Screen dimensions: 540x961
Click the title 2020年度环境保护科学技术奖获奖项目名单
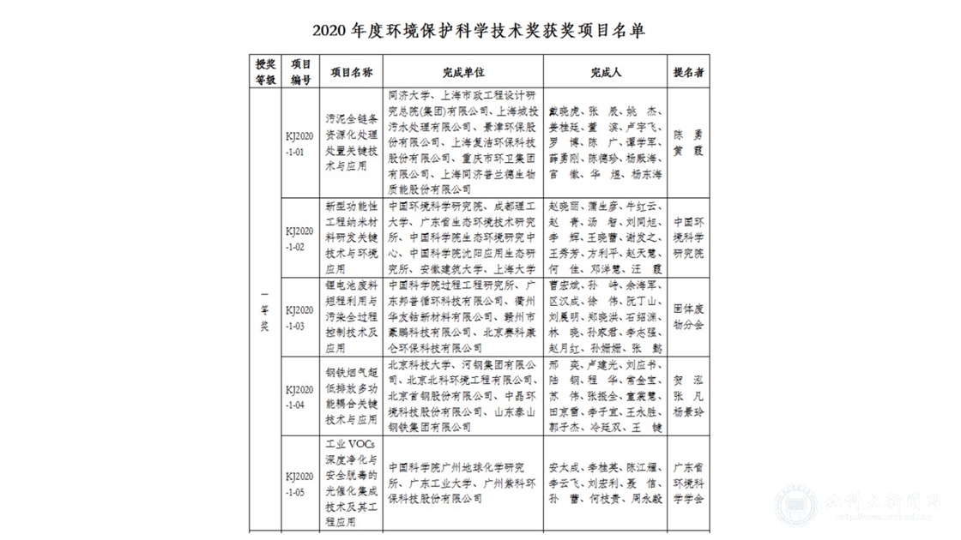tap(480, 31)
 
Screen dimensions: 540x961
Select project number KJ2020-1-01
tap(300, 142)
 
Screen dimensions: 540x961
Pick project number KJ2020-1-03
tap(300, 316)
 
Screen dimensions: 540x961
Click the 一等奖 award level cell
tap(265, 317)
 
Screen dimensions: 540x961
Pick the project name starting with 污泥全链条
tap(351, 142)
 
